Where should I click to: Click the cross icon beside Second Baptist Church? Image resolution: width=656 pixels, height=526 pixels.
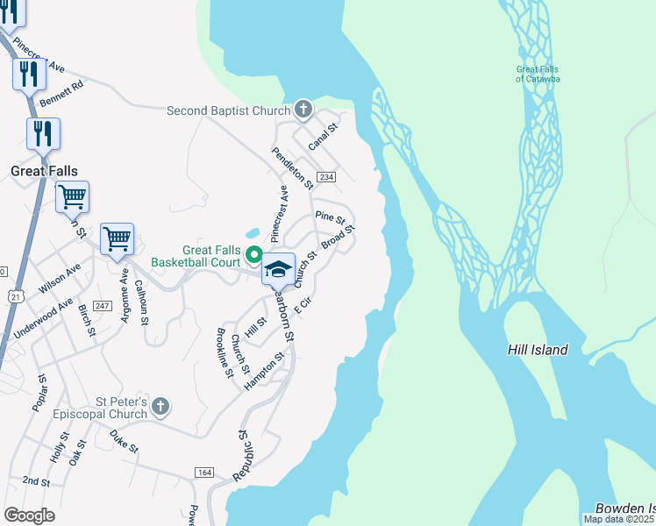coord(303,110)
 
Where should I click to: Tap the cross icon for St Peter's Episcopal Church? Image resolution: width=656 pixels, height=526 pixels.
coord(159,406)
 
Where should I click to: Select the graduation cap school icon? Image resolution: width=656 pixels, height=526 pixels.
coord(279,268)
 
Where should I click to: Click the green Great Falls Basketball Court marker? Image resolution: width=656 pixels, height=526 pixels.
coord(254,255)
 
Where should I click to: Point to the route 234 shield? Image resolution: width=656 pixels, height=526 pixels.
coord(326,177)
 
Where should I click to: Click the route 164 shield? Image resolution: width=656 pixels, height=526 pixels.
coord(204,473)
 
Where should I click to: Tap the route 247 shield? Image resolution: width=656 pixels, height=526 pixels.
coord(103,305)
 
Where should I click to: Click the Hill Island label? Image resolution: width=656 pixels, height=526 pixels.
coord(538,350)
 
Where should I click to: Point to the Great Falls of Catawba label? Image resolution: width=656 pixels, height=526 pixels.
coord(538,74)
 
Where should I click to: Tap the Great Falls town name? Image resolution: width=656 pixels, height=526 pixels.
coord(44,171)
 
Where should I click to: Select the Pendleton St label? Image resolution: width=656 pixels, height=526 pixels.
coord(292,167)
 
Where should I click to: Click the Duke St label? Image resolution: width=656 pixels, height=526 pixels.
coord(125,440)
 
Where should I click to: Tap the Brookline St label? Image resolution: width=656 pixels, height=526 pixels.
coord(225,352)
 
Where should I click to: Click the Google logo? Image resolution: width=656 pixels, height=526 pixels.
coord(29,515)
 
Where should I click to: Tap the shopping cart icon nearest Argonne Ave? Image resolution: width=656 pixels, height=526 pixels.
coord(117,238)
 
